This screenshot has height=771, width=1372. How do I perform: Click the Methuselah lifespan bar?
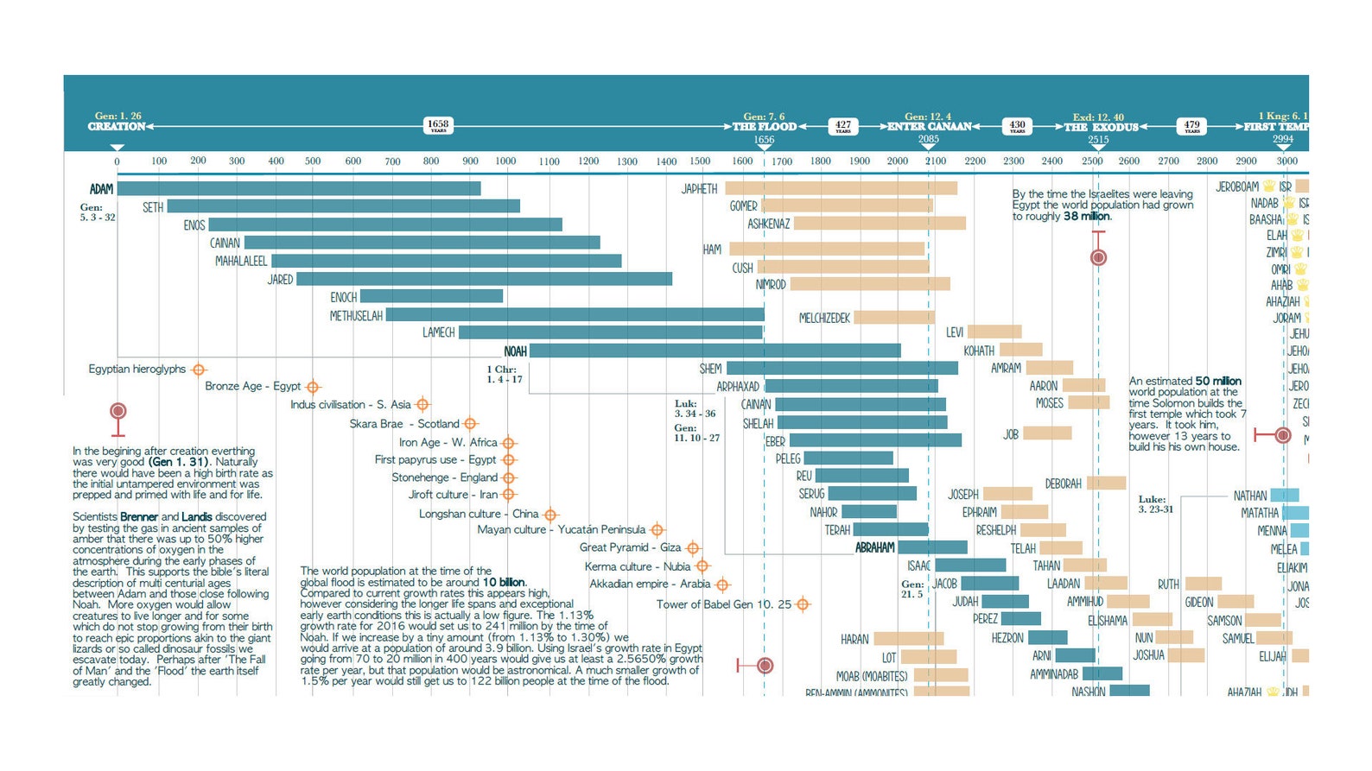(x=575, y=315)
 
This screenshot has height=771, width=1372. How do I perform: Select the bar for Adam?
(x=298, y=188)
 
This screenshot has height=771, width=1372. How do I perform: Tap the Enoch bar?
(x=431, y=296)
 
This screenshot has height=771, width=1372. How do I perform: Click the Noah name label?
(x=515, y=351)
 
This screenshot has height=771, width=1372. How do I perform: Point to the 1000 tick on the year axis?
(x=505, y=161)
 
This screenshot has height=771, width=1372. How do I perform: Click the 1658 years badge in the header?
(x=438, y=125)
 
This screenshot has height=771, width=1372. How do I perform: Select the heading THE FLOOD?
(x=764, y=127)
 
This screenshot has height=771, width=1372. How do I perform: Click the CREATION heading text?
(x=117, y=127)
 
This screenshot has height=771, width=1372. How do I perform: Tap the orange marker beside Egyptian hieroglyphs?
(x=199, y=370)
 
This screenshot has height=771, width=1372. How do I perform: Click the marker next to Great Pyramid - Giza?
(x=693, y=548)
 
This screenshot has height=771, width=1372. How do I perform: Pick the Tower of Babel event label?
(x=723, y=604)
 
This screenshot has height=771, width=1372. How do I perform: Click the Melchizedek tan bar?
(x=894, y=318)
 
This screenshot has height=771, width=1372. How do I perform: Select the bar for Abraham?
(x=932, y=547)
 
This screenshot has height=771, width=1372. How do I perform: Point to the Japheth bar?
(x=841, y=188)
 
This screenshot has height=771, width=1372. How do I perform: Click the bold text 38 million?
(x=1086, y=217)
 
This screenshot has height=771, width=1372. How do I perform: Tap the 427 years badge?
(x=842, y=126)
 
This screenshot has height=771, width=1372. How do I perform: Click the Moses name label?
(x=1049, y=403)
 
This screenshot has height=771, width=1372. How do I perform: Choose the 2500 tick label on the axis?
(x=1092, y=161)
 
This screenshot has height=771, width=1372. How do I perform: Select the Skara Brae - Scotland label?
(x=403, y=424)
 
